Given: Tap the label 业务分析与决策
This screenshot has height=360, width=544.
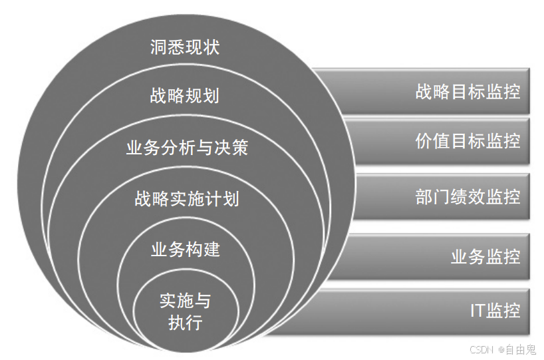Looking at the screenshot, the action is pos(187,147).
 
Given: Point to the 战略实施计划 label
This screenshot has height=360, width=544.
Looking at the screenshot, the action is pos(187,198).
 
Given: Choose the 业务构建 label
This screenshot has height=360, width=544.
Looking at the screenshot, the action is pos(186,250).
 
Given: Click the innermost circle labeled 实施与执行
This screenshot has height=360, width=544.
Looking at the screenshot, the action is pos(186,312).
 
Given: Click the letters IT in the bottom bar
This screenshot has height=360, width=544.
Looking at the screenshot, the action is pos(477,311).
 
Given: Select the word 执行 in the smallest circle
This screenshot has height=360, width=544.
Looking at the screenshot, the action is pos(186,323).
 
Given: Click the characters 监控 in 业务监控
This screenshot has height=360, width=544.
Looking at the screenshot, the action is pos(503,256).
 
